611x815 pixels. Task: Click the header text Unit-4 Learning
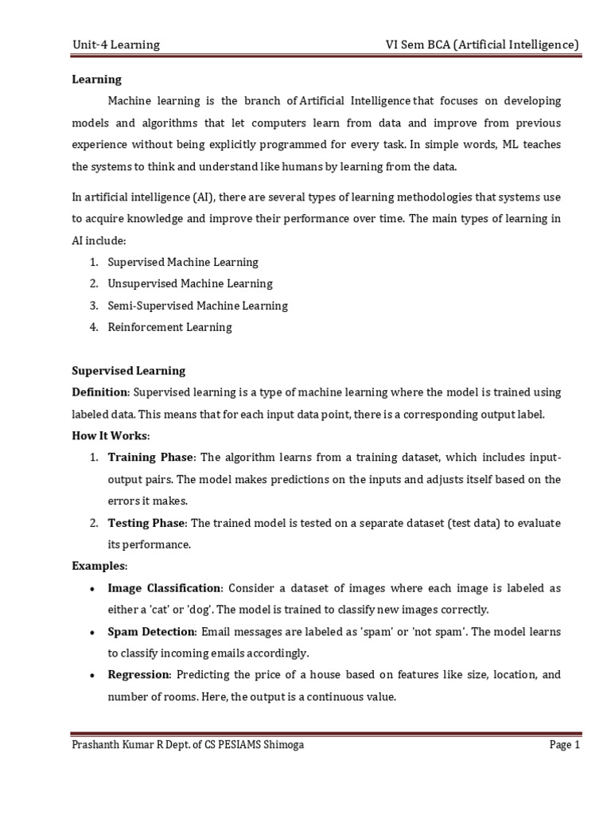pos(116,45)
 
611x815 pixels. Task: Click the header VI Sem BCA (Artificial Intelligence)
pos(481,45)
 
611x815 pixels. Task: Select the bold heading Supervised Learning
pos(128,371)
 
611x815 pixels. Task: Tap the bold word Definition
pos(100,392)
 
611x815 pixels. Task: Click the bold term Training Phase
pos(150,458)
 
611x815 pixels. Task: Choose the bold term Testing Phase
pos(147,523)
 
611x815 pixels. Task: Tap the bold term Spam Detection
pos(151,631)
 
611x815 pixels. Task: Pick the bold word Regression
pos(138,675)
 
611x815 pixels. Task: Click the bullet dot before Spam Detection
pos(95,632)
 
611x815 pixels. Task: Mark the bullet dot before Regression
pos(95,676)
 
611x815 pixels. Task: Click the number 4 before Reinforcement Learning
pos(92,327)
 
